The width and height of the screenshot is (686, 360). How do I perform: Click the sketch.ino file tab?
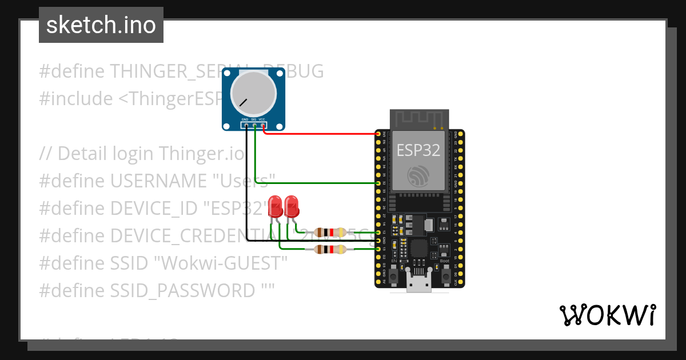click(101, 25)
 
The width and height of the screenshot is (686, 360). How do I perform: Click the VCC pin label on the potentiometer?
click(262, 120)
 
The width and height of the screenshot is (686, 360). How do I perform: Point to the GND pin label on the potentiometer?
click(245, 120)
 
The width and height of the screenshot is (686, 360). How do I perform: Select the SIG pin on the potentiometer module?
click(254, 125)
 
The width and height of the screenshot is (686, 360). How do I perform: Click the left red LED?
click(276, 207)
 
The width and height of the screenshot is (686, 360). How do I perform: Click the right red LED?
click(292, 207)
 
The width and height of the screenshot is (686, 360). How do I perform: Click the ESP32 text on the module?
click(419, 150)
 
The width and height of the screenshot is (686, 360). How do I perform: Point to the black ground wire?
click(247, 189)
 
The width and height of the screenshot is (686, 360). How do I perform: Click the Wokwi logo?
click(607, 315)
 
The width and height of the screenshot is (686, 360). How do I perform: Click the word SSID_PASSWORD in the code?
click(182, 290)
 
